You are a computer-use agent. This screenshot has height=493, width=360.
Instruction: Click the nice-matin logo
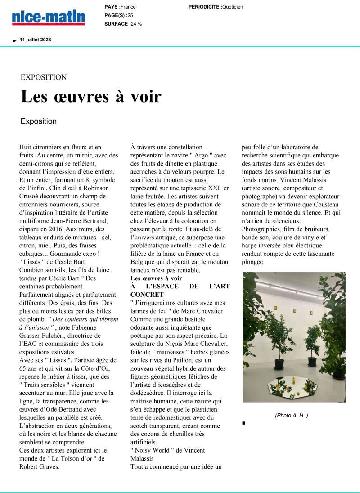49,17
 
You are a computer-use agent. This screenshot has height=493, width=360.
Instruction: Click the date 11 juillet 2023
36,40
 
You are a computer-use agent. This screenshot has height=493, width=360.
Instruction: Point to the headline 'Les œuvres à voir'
91,96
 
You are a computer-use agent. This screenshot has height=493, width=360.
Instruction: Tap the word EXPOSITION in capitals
44,77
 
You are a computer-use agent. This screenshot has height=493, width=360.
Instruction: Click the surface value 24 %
136,24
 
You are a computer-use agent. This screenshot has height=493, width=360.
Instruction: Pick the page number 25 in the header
130,15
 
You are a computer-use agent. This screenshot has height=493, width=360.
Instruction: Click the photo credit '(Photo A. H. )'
292,415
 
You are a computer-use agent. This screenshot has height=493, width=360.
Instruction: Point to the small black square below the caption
244,423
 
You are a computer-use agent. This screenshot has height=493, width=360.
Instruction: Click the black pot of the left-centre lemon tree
279,364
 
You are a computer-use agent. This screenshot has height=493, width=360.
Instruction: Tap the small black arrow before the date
15,40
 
